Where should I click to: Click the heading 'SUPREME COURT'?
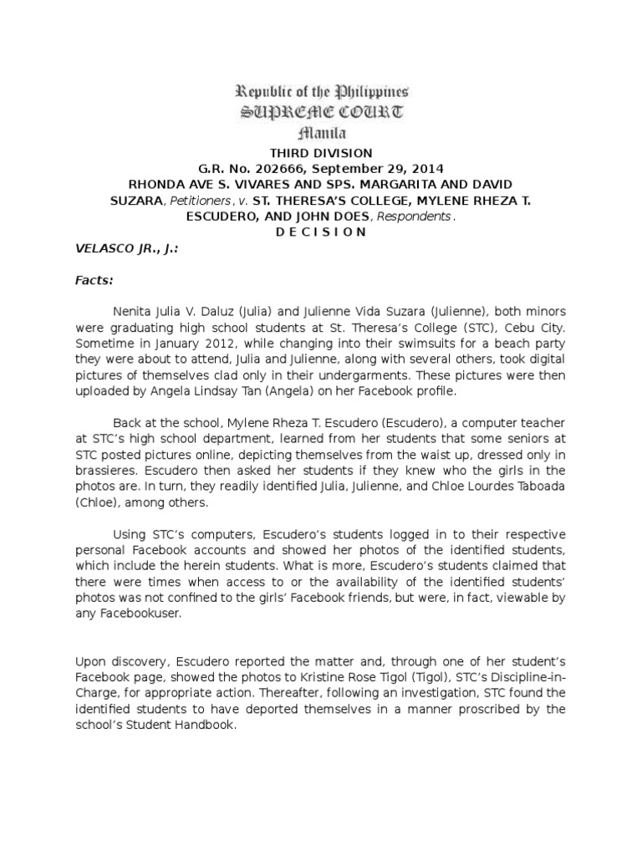tap(321, 112)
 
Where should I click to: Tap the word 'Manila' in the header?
tap(321, 133)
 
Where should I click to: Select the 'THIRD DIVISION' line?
tap(321, 152)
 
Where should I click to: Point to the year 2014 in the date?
tap(426, 167)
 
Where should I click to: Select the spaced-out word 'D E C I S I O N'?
tap(321, 232)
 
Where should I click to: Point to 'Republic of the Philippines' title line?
tap(321, 92)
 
